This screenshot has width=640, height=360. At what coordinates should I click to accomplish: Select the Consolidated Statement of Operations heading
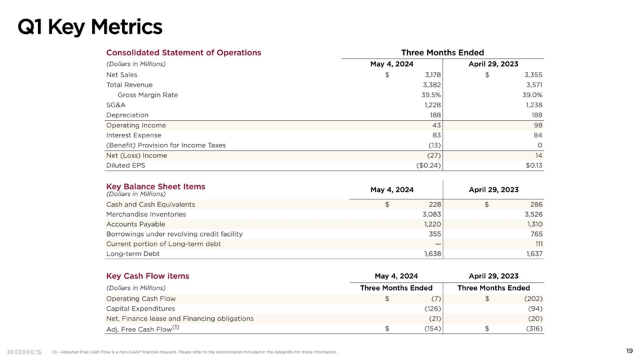click(x=183, y=53)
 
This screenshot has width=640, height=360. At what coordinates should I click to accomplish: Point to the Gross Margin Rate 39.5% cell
click(x=431, y=95)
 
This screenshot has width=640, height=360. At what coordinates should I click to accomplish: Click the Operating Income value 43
click(x=437, y=125)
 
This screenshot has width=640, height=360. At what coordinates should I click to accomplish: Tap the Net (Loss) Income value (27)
click(x=434, y=155)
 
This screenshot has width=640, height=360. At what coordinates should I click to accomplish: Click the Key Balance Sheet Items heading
click(x=155, y=187)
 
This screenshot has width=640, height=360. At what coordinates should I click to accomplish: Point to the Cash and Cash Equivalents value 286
click(x=536, y=205)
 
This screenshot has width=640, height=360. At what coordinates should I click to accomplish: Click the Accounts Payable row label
click(x=135, y=224)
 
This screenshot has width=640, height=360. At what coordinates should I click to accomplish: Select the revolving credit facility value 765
click(x=536, y=234)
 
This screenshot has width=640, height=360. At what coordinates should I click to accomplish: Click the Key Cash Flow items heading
click(x=147, y=276)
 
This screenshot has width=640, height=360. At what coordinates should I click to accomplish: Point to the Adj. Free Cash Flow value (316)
click(x=534, y=329)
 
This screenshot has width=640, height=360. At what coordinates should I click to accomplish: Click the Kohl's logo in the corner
click(x=24, y=351)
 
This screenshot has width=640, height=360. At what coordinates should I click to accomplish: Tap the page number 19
click(x=629, y=351)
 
